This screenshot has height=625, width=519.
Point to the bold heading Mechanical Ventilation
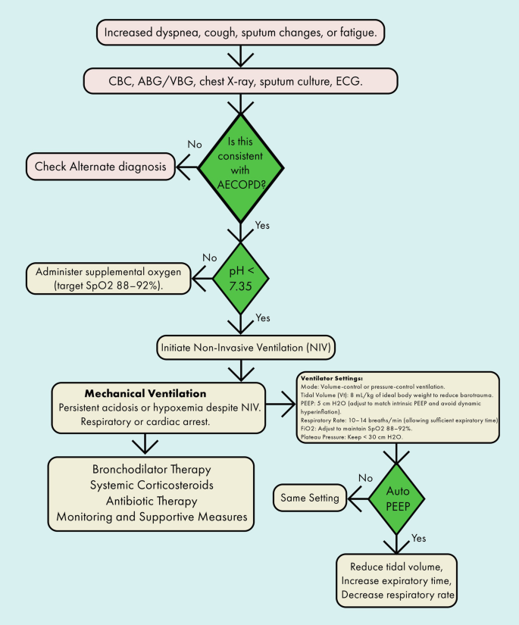(x=145, y=394)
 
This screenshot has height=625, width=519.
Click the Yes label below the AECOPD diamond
(x=261, y=225)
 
